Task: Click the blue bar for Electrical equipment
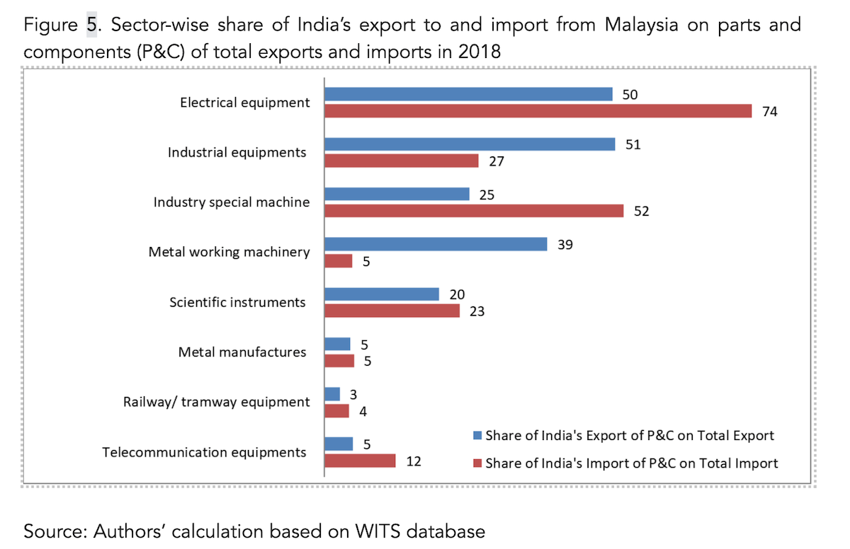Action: pos(468,94)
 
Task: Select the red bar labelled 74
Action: pos(538,111)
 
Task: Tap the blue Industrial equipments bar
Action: pos(470,144)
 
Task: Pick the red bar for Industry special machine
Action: pos(474,211)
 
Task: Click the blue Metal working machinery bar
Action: pos(436,244)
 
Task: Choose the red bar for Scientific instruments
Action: pos(392,311)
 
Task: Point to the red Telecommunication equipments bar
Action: pos(360,461)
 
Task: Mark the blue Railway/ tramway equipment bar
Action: pos(332,394)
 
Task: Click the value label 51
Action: pos(633,145)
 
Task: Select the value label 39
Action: pos(565,245)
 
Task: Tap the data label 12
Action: pos(414,461)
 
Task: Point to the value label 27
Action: pos(497,161)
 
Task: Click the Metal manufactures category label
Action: pos(242,352)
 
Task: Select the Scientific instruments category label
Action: pos(237,302)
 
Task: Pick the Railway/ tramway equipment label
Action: pos(216,402)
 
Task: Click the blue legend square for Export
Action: pos(477,435)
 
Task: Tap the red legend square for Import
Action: pos(477,463)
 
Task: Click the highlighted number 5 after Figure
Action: pos(91,25)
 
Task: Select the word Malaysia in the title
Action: pos(641,25)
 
